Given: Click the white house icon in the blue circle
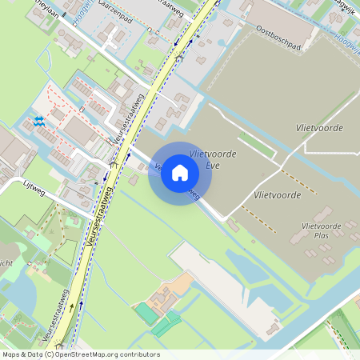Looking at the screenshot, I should tap(180, 173).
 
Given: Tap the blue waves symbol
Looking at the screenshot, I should tap(39, 121).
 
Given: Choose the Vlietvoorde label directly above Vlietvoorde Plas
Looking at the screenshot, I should tap(277, 194).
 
